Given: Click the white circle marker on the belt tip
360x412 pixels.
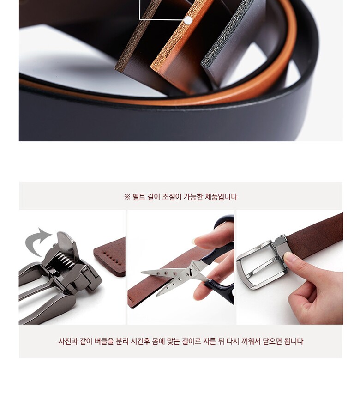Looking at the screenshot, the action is click(x=188, y=20).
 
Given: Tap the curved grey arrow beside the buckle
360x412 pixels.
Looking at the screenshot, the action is click(x=37, y=241).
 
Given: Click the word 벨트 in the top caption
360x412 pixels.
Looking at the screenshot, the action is click(x=139, y=197).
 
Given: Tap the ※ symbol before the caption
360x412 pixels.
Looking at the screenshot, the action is click(x=127, y=197).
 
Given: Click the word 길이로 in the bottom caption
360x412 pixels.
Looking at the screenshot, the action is click(x=192, y=341).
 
